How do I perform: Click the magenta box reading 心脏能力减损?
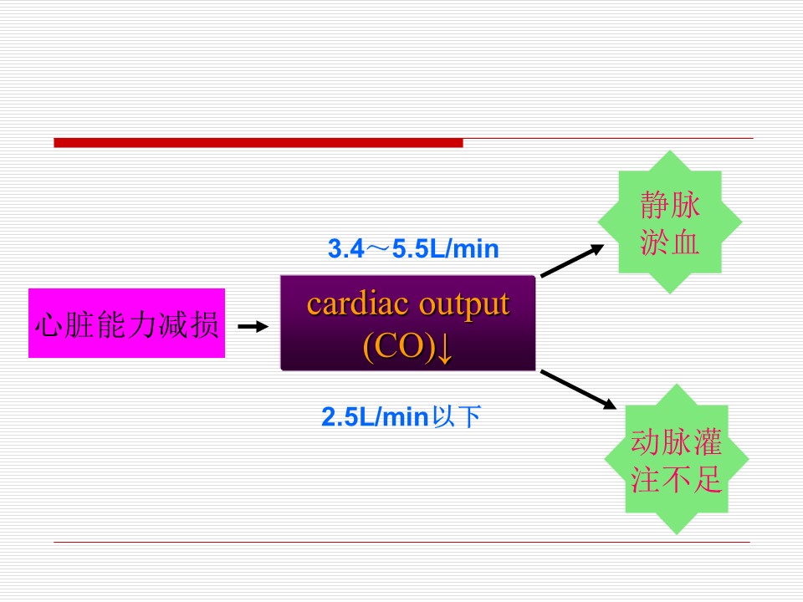click(126, 323)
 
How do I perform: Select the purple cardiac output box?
click(407, 323)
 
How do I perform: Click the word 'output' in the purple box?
click(464, 306)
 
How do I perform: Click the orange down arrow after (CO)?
click(445, 348)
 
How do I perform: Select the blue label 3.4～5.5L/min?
click(413, 249)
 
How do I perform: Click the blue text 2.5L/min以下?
click(401, 416)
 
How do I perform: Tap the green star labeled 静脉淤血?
click(670, 222)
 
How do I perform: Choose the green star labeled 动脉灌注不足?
click(677, 459)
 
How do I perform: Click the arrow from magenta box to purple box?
click(253, 326)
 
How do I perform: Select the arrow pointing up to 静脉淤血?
click(572, 261)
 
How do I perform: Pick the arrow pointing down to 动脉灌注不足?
click(578, 390)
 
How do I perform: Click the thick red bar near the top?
click(258, 143)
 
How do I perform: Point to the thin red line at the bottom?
click(401, 542)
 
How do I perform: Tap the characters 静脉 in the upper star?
click(670, 205)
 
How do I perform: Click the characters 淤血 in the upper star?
click(670, 241)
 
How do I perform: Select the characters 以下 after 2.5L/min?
click(457, 416)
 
